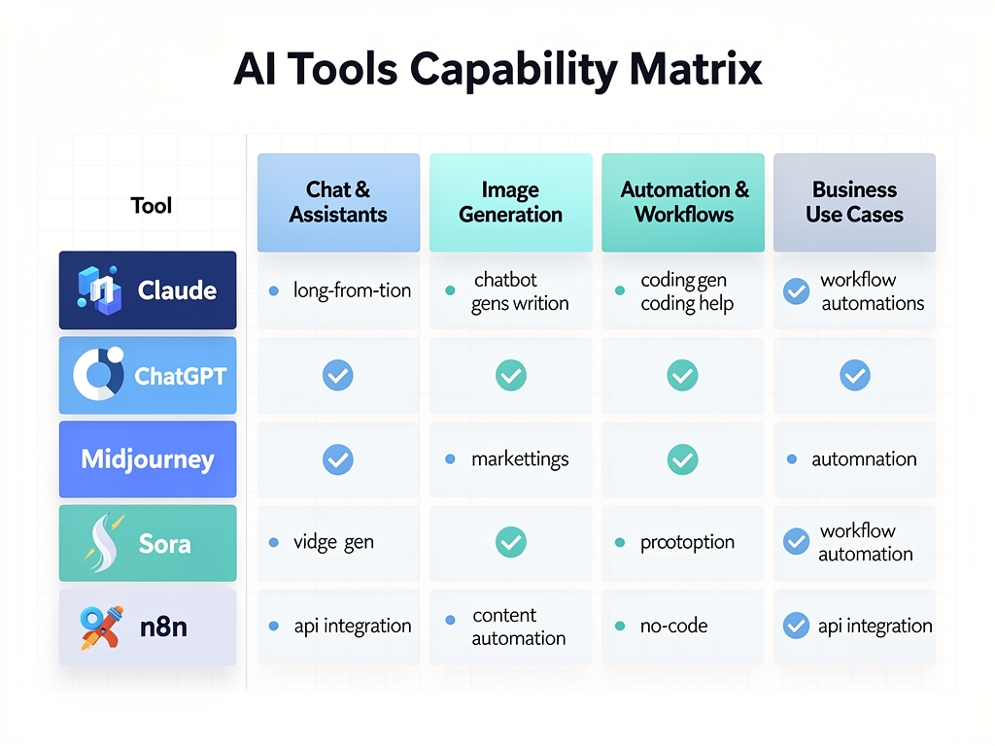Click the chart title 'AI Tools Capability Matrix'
click(497, 72)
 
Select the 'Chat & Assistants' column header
click(338, 202)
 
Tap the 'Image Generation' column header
click(510, 202)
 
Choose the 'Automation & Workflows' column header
click(684, 202)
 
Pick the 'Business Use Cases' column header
click(854, 202)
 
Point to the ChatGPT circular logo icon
click(98, 375)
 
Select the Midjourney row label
click(148, 459)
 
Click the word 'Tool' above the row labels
click(151, 205)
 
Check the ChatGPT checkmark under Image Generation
click(510, 375)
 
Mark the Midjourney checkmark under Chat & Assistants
click(338, 459)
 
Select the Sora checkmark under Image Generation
click(510, 543)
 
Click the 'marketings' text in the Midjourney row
click(520, 458)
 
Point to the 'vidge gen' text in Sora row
click(333, 542)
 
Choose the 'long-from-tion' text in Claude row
click(352, 290)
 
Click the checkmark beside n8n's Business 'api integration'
click(796, 626)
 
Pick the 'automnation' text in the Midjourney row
click(864, 458)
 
